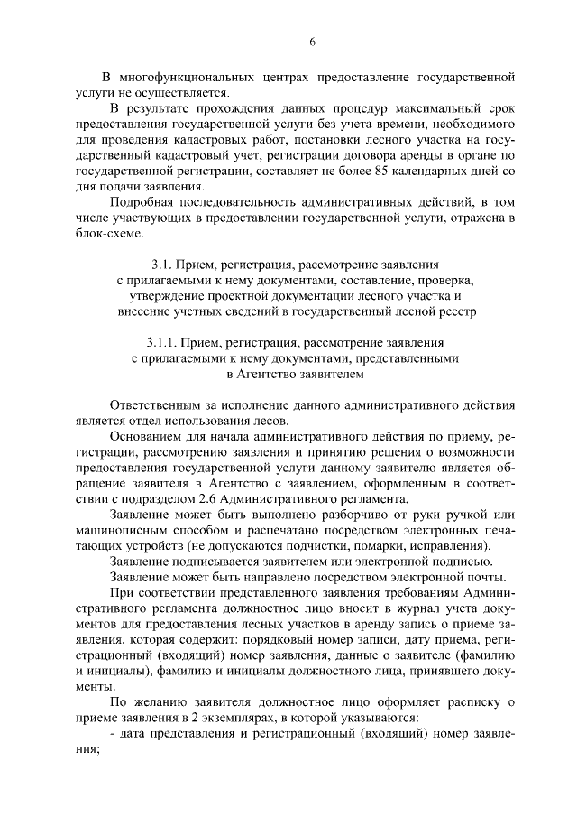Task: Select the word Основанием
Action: point(148,433)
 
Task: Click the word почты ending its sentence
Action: point(486,577)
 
